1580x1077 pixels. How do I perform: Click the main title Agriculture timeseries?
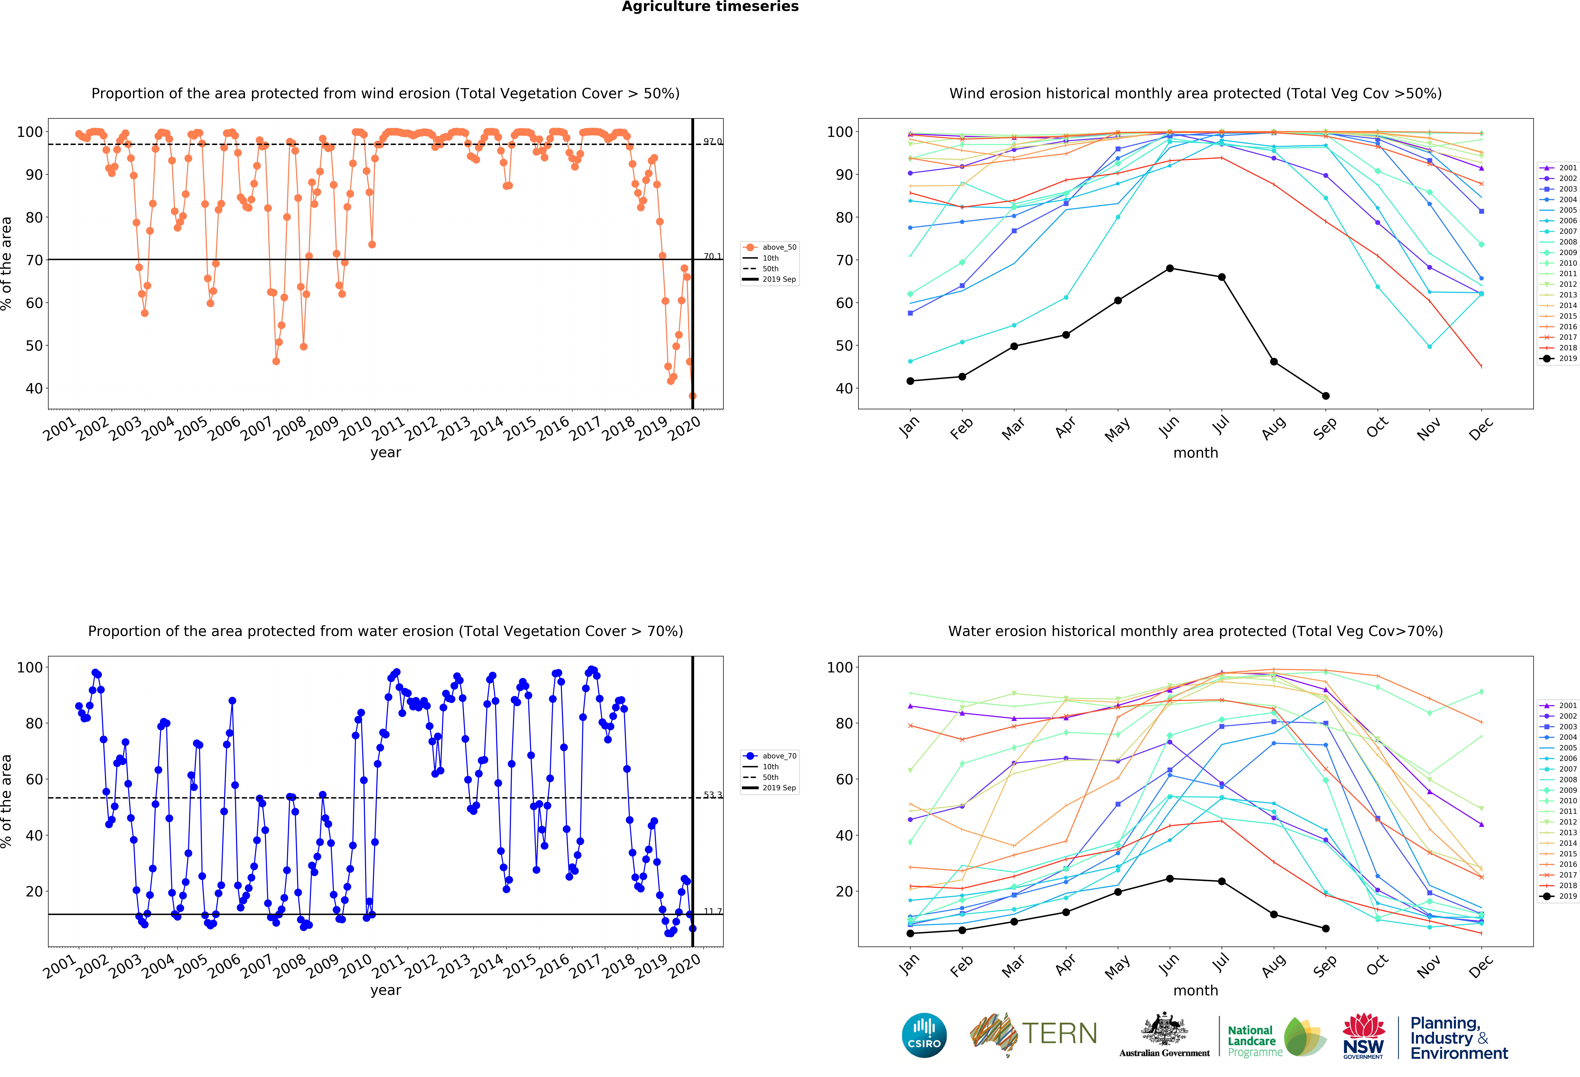[x=710, y=7]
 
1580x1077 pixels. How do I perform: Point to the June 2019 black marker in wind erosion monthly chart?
[x=1169, y=269]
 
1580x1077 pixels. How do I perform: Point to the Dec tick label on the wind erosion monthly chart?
[x=1480, y=428]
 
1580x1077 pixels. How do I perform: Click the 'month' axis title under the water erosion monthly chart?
[x=1195, y=991]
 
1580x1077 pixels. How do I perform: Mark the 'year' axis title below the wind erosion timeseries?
[x=386, y=453]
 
